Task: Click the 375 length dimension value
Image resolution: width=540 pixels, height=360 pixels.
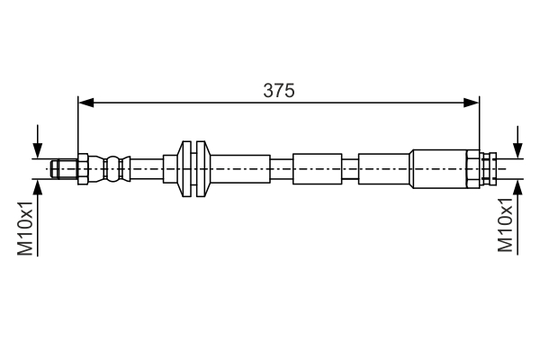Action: coord(279,91)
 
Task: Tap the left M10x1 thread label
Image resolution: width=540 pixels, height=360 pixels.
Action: coord(25,229)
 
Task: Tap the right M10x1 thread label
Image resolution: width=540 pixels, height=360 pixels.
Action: coord(505,225)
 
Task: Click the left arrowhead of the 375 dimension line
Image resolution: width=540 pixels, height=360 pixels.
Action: coord(86,103)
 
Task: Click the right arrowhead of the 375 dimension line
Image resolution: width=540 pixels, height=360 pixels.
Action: coord(471,103)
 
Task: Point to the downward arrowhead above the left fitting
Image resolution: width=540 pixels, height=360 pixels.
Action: coord(38,151)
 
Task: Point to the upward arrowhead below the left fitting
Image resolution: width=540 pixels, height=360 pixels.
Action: coord(38,187)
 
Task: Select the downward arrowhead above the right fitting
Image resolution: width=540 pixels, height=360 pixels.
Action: coord(517,151)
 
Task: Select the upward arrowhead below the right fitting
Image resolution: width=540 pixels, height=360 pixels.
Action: coord(517,187)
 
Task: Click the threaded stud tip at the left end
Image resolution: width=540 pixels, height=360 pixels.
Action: coord(54,169)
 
